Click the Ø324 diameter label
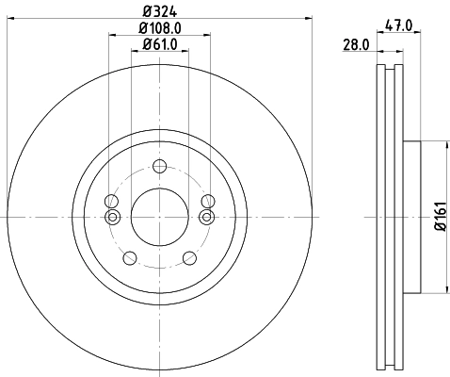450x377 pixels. [x=160, y=11]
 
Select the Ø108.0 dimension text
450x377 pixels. [x=160, y=27]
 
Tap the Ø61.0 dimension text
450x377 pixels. [x=160, y=44]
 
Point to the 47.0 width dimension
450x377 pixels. [x=399, y=27]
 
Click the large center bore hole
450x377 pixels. [x=159, y=216]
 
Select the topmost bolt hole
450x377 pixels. [x=159, y=167]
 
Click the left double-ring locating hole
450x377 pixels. [x=112, y=218]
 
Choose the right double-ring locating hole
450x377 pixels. [x=207, y=218]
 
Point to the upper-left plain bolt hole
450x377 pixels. [x=112, y=201]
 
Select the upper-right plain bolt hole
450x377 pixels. [x=207, y=201]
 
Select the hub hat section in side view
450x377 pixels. [x=411, y=217]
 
